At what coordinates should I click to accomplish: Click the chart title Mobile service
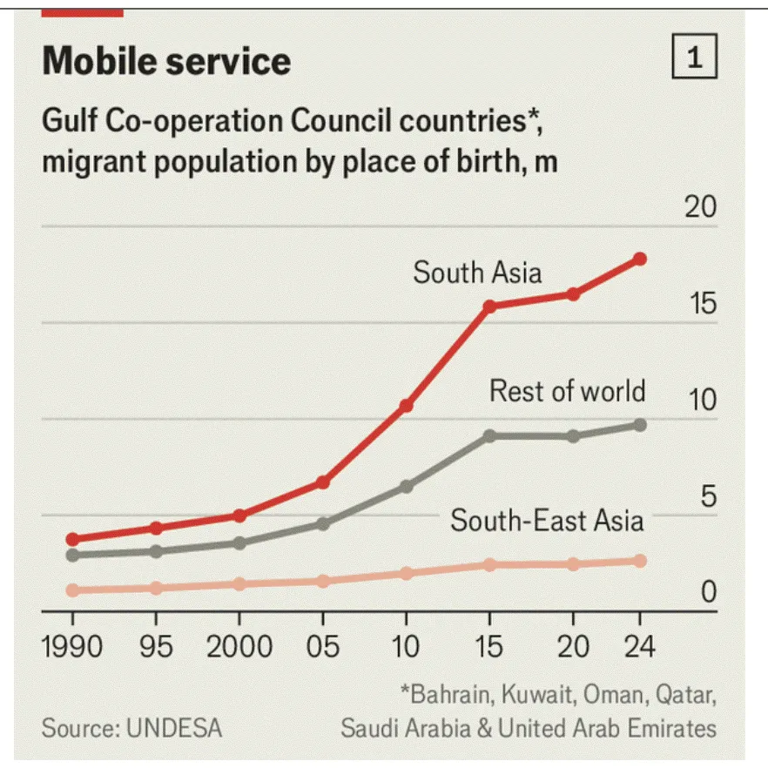pos(166,61)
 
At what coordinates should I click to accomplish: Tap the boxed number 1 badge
pos(694,58)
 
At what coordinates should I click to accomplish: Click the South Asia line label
pos(477,273)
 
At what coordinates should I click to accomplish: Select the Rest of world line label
pos(567,390)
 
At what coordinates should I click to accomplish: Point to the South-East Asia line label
pos(547,521)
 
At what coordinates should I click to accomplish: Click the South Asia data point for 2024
pos(639,259)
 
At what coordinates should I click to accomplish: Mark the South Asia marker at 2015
pos(489,307)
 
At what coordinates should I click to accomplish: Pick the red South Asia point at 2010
pos(406,406)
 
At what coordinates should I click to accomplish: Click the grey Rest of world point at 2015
pos(489,435)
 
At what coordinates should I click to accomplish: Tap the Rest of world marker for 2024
pos(639,425)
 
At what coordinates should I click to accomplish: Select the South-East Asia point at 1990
pos(72,590)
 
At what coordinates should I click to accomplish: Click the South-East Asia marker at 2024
pos(639,561)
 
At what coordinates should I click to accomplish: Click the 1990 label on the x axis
pos(72,647)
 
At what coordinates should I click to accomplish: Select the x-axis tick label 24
pos(639,647)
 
